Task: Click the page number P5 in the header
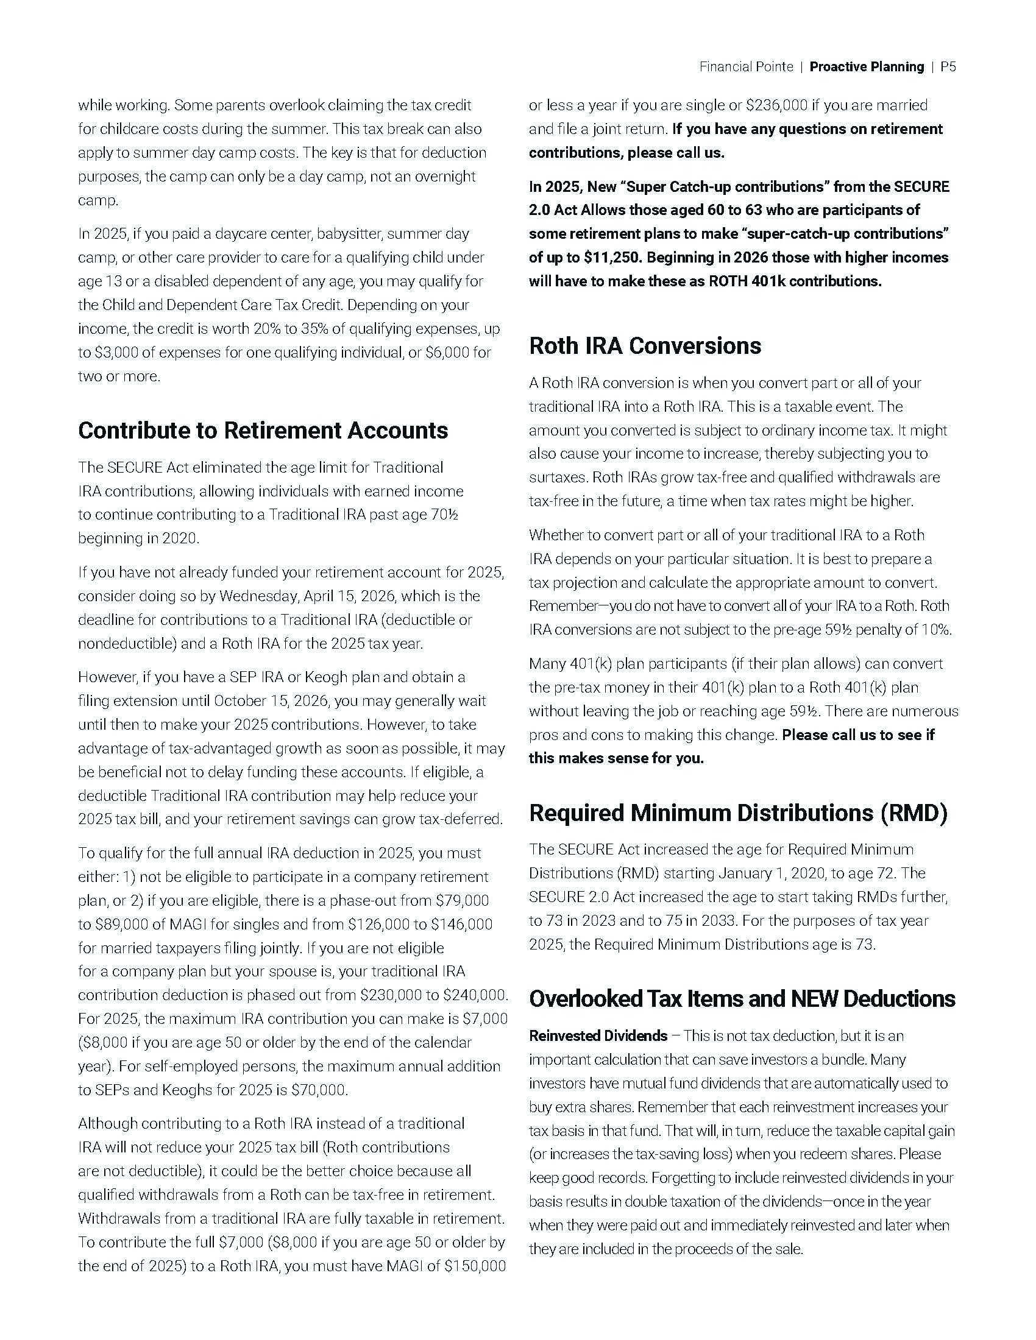[948, 67]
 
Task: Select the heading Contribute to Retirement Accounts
[263, 431]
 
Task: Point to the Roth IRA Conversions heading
[644, 346]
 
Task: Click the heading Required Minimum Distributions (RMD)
[738, 813]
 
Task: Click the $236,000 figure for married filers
[776, 105]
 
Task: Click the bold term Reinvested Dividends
[598, 1036]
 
